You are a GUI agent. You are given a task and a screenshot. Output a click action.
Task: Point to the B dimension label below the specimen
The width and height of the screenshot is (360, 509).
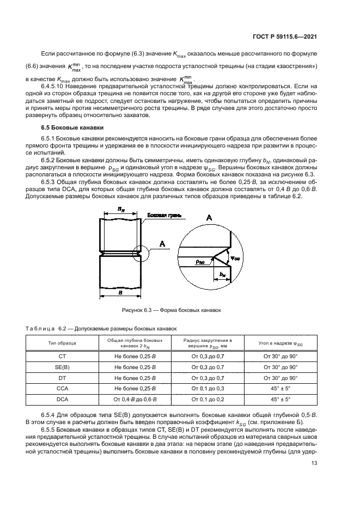119,292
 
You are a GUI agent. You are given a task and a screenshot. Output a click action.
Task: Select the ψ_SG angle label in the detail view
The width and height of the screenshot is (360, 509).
235,258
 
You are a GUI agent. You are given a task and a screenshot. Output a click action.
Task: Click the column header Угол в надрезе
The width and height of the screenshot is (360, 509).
280,344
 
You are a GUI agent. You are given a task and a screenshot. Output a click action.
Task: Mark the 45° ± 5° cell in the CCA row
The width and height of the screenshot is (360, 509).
280,389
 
